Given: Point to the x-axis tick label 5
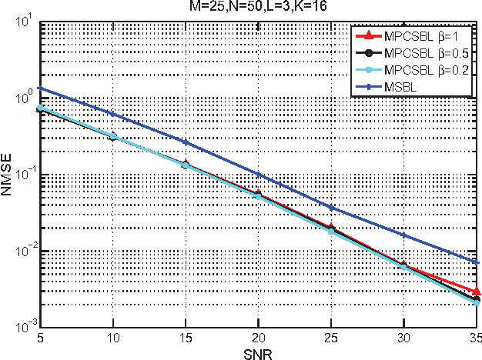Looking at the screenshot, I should [39, 338].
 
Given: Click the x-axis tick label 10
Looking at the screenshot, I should [112, 338].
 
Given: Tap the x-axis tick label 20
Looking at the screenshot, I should [259, 338].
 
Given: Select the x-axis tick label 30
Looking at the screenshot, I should [405, 338].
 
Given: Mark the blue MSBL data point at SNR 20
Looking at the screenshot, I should [259, 175].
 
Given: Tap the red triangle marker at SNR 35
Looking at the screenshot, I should [477, 292].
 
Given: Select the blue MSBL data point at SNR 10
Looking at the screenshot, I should [112, 114].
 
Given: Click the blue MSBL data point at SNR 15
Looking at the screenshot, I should [186, 142].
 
